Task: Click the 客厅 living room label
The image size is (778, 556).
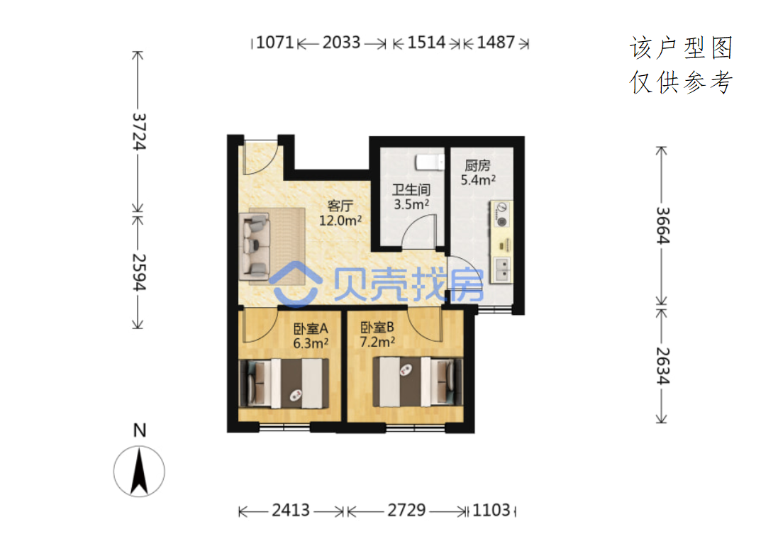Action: (x=340, y=206)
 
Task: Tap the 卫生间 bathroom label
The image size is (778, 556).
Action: (x=411, y=189)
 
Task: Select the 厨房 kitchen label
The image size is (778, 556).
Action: (x=478, y=165)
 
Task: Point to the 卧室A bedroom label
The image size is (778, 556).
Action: (x=311, y=328)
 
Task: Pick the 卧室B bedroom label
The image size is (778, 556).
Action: (x=377, y=328)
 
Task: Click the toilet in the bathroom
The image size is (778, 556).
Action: (x=430, y=162)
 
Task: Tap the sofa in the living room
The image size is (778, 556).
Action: (x=255, y=246)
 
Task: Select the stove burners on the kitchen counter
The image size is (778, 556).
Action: (x=501, y=215)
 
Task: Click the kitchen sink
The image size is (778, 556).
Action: (x=502, y=269)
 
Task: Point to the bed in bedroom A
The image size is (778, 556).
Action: (x=284, y=384)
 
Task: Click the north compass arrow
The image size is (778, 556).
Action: (x=139, y=471)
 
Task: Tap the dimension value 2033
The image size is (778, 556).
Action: (x=341, y=43)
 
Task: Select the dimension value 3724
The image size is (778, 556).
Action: (x=140, y=131)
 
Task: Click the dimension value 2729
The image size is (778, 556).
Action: (x=406, y=510)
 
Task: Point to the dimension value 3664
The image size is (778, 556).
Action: (x=663, y=226)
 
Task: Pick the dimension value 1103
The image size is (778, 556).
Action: (x=491, y=510)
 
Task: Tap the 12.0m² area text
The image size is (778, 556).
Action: (x=340, y=221)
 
